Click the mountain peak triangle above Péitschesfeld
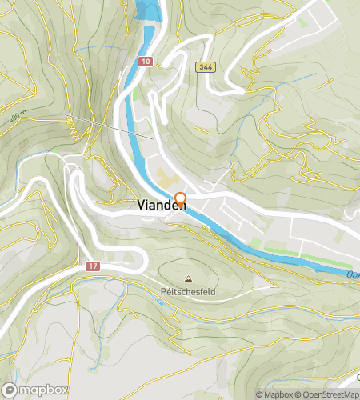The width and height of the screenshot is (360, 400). click(x=188, y=279)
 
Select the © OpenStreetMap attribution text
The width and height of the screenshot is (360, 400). click(x=327, y=394)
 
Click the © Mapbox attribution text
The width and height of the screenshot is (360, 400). click(x=274, y=394)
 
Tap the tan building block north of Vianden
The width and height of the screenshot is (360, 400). click(x=166, y=174)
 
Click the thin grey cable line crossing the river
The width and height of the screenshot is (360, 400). click(x=120, y=128)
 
